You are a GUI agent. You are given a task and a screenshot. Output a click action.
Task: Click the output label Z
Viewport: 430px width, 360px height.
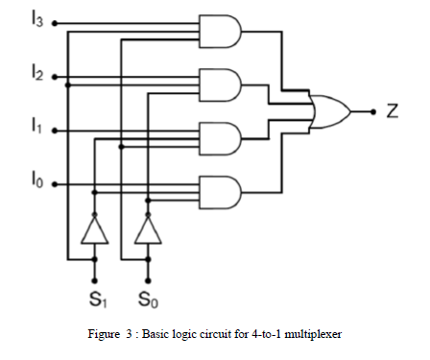(x=393, y=111)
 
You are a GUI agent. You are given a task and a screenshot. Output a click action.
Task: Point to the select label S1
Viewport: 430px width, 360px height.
(x=95, y=299)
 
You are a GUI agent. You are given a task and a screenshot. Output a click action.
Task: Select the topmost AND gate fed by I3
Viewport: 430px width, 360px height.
(x=219, y=33)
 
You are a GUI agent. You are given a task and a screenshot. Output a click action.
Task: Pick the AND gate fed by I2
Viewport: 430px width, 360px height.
(x=219, y=84)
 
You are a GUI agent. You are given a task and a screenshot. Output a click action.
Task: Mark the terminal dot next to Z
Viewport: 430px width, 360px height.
(x=373, y=111)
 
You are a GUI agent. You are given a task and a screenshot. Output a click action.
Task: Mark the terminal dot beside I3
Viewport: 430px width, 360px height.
(x=54, y=21)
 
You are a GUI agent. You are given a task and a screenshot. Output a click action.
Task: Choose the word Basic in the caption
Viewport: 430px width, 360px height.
(x=160, y=334)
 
